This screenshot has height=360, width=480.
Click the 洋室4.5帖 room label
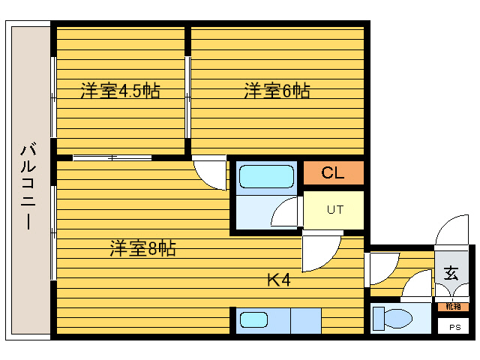(120, 91)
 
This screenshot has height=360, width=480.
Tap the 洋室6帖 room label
(277, 91)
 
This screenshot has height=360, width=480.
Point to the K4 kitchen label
(278, 281)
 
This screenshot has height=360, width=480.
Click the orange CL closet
(333, 173)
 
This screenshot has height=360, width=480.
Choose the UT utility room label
(334, 210)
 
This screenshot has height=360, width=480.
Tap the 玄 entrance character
(451, 273)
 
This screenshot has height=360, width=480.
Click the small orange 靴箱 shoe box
(453, 306)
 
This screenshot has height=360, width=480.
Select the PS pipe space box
(454, 328)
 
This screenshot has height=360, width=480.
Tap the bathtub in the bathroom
(265, 177)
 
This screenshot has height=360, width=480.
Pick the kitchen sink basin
(253, 321)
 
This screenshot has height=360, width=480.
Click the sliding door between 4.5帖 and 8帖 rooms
(112, 157)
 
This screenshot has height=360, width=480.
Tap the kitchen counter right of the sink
(305, 321)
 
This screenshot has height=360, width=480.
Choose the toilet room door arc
(416, 288)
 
